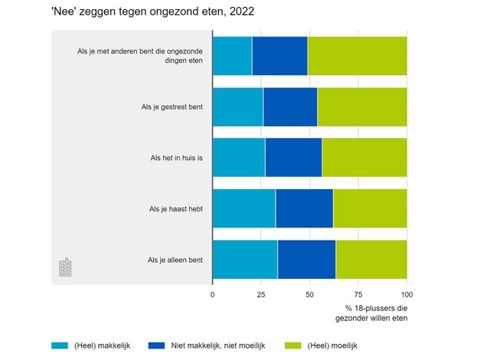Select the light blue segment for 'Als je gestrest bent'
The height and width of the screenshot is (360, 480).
tap(237, 106)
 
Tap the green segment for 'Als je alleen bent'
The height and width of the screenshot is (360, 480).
tap(371, 260)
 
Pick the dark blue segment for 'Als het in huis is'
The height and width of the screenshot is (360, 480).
tap(293, 158)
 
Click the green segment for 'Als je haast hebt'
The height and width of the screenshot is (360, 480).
tap(370, 208)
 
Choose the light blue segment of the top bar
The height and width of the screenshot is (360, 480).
tap(232, 56)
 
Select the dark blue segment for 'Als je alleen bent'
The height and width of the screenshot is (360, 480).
tap(306, 260)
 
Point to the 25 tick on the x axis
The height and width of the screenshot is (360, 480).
tap(261, 293)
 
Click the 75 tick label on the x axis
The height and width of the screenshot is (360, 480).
tap(358, 293)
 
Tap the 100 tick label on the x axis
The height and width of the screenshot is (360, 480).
tap(407, 293)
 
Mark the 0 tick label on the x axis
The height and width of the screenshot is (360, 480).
tap(213, 293)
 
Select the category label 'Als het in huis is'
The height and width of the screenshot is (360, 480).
tap(177, 158)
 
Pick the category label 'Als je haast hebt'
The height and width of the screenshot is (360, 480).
tap(176, 208)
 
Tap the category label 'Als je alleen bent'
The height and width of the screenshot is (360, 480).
tap(175, 260)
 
